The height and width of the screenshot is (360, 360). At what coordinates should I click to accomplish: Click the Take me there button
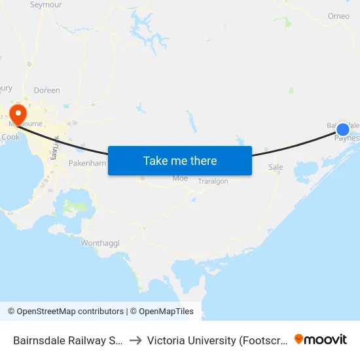tap(180, 160)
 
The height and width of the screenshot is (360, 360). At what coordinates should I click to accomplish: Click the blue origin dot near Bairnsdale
tap(342, 129)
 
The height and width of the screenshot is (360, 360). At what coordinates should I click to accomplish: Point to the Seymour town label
tap(46, 5)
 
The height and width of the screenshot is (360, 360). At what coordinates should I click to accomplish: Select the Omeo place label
tap(338, 16)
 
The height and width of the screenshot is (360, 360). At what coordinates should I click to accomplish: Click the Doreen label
tap(46, 90)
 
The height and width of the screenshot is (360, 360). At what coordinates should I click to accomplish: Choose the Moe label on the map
tap(179, 178)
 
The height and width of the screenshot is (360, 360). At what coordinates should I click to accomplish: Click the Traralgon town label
tap(213, 181)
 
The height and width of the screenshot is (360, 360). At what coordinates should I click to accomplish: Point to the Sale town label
tap(276, 168)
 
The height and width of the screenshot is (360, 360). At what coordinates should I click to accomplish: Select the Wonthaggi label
tap(100, 243)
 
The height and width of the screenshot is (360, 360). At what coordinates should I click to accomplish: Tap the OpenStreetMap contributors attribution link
tap(65, 312)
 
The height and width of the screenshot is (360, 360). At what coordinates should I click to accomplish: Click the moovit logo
tap(321, 339)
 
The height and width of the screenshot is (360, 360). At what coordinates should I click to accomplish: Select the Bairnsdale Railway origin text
tap(68, 340)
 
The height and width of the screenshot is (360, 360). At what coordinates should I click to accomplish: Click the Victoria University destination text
tap(218, 340)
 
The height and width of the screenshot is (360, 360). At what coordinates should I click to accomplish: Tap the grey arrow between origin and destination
tap(136, 340)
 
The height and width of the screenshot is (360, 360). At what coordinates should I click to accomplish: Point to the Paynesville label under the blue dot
tap(346, 138)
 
